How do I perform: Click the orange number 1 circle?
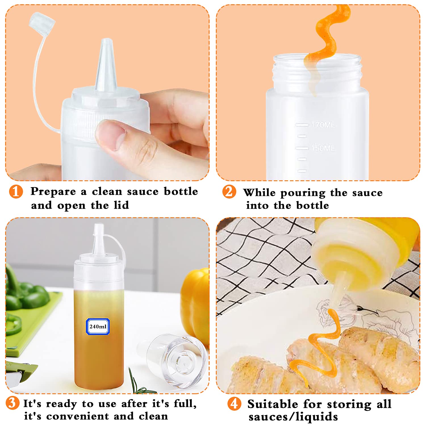pos(16,191)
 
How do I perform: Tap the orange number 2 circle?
pos(229,191)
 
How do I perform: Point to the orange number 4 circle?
pos(234,404)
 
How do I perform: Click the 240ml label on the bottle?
pos(98,327)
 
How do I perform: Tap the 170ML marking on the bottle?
pos(323,125)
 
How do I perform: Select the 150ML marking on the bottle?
pos(323,148)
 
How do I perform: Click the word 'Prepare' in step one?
pos(53,191)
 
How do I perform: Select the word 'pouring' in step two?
pos(302,193)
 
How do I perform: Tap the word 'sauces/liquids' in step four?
pos(293,417)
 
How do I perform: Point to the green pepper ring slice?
pos(13,324)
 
